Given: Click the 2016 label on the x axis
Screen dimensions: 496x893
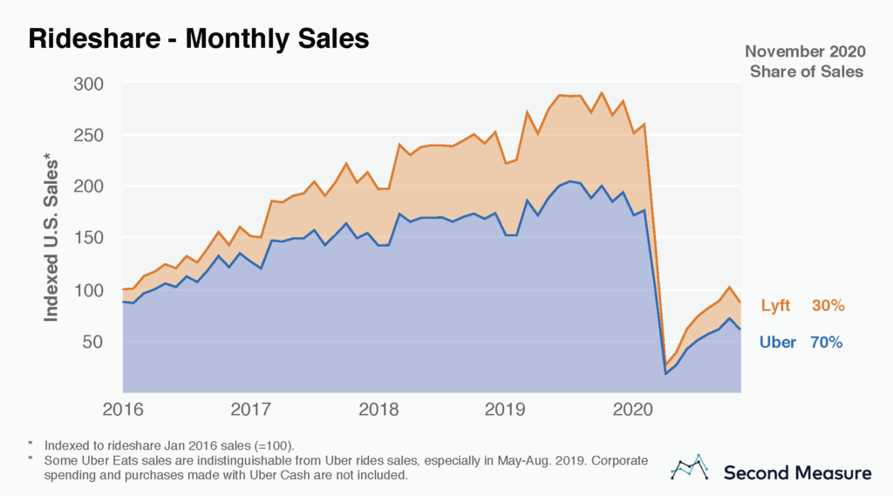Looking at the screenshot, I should click(123, 409).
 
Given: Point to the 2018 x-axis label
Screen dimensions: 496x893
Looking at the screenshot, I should click(378, 409).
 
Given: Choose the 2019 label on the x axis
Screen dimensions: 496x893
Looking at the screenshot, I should click(505, 409).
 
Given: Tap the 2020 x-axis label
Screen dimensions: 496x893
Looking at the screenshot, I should click(632, 409).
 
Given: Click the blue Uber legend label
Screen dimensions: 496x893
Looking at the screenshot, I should click(778, 343).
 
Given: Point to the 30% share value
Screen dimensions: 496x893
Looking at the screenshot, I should click(828, 306).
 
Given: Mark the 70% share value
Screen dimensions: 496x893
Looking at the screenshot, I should click(826, 343).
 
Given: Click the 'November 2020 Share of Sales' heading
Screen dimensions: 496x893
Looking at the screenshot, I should click(806, 62).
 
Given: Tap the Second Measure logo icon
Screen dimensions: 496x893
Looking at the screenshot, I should click(690, 468).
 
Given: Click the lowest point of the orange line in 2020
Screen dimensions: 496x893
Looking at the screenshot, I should click(665, 364).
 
